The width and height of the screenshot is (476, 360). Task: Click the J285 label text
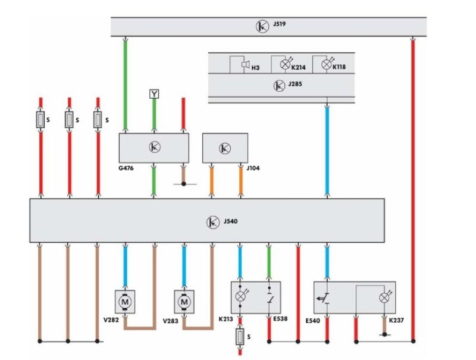[x=295, y=86]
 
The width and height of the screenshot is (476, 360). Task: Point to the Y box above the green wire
[x=154, y=94]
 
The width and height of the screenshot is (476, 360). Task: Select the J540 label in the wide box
[x=230, y=222]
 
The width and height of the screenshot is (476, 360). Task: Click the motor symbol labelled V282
[x=125, y=302]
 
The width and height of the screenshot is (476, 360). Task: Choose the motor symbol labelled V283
[x=184, y=302]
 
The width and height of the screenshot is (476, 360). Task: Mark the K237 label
[x=396, y=321]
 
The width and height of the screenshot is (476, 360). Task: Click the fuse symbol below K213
[x=240, y=336]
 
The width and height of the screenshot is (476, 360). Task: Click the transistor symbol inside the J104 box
[x=225, y=148]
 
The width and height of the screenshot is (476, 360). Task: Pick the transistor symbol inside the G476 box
[x=154, y=146]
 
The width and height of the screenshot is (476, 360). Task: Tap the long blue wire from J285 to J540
[x=327, y=149]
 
